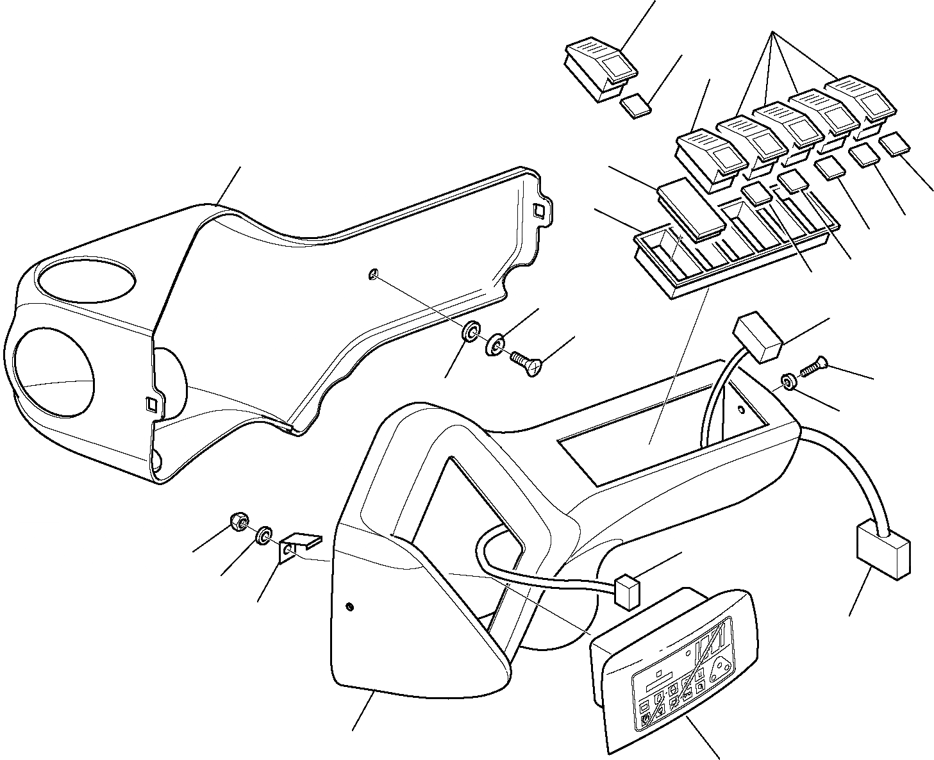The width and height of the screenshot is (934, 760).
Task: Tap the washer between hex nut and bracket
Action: (x=263, y=535)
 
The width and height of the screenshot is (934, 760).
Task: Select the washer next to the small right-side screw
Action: (x=788, y=383)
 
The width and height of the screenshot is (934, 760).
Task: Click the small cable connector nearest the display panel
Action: (x=627, y=590)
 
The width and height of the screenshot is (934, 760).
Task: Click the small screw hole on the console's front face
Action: (x=349, y=606)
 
